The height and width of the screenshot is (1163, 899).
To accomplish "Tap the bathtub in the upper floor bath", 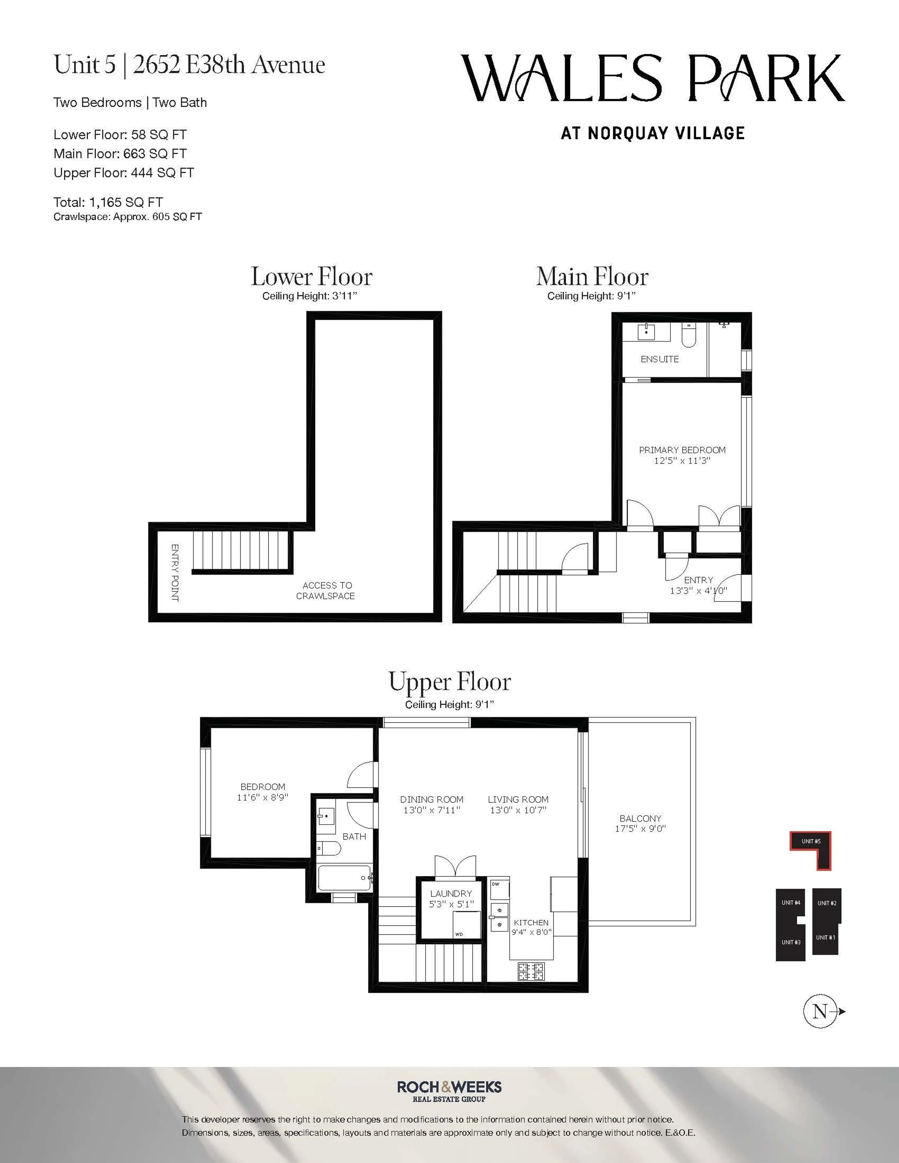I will pyautogui.click(x=343, y=877).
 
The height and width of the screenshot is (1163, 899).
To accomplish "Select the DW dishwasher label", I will pyautogui.click(x=496, y=884).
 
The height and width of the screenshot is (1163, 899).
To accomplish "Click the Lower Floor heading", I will pyautogui.click(x=312, y=277).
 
